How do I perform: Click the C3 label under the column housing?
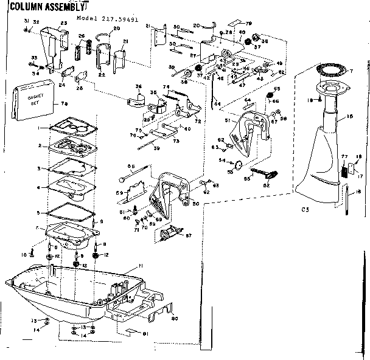click(x=305, y=210)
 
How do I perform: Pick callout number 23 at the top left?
click(x=63, y=22)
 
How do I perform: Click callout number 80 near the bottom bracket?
click(x=174, y=317)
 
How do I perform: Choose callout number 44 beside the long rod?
click(x=217, y=104)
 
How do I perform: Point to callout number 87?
click(x=189, y=235)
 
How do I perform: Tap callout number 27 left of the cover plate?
click(x=194, y=55)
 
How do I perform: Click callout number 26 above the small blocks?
click(x=81, y=36)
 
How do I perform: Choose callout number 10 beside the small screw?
click(x=24, y=254)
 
